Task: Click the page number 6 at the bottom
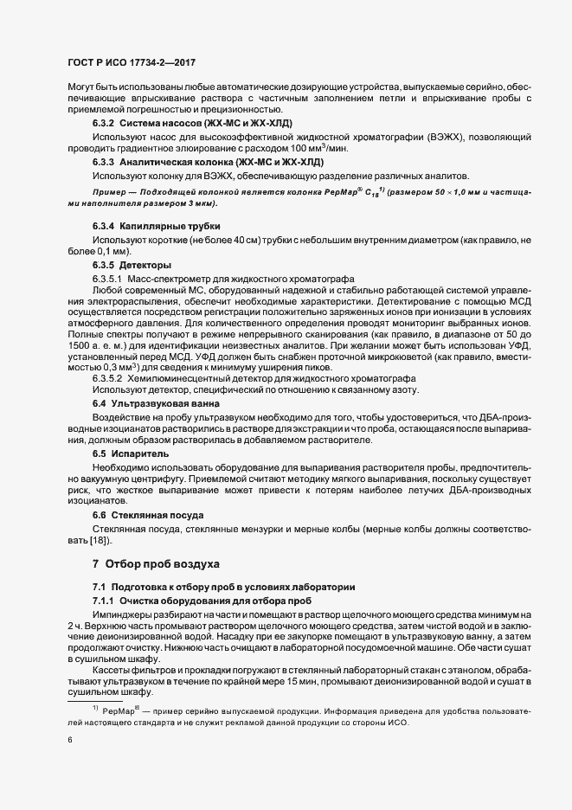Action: pyautogui.click(x=70, y=741)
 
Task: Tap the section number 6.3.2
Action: pyautogui.click(x=104, y=125)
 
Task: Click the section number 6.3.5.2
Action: pyautogui.click(x=107, y=379)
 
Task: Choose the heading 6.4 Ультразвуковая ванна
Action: pyautogui.click(x=150, y=404)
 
